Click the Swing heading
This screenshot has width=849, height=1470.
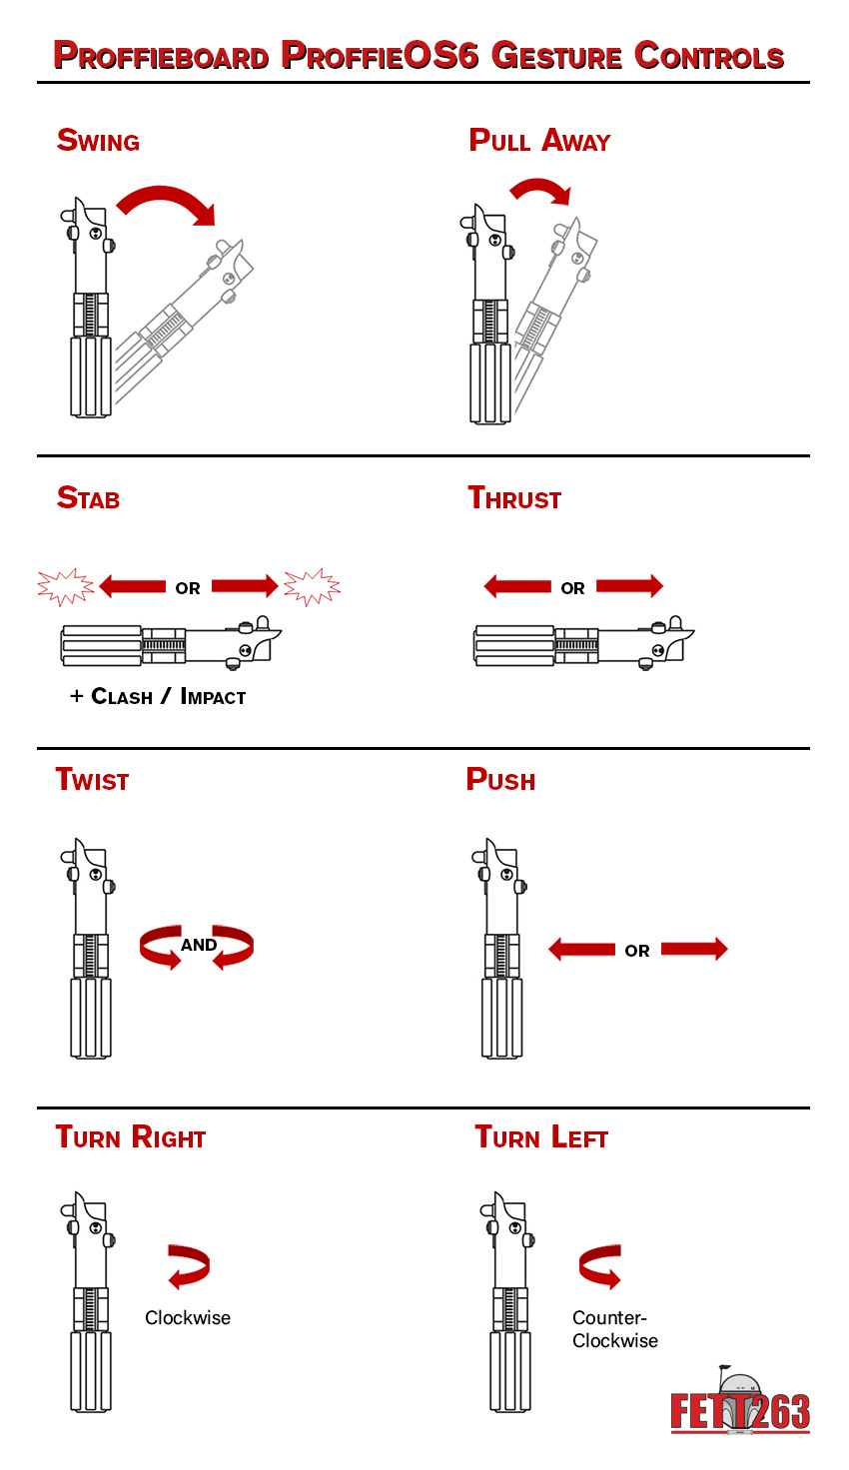98,141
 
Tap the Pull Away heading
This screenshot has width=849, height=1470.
539,141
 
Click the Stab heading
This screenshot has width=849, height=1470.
89,498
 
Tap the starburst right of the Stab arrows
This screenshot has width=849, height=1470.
312,587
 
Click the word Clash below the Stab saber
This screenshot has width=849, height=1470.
122,697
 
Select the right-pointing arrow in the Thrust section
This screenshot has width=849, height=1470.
629,586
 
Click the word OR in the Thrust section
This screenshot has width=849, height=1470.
573,588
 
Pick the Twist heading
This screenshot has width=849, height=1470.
92,780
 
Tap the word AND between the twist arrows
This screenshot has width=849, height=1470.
199,945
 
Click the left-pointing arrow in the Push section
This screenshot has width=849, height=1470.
582,950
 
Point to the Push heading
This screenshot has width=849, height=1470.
500,780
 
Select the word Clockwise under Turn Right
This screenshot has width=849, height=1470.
188,1318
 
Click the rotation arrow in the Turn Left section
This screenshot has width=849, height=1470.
600,1266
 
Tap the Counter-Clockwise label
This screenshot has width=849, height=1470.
614,1329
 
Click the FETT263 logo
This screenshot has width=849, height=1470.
740,1404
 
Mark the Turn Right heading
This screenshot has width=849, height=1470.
131,1137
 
